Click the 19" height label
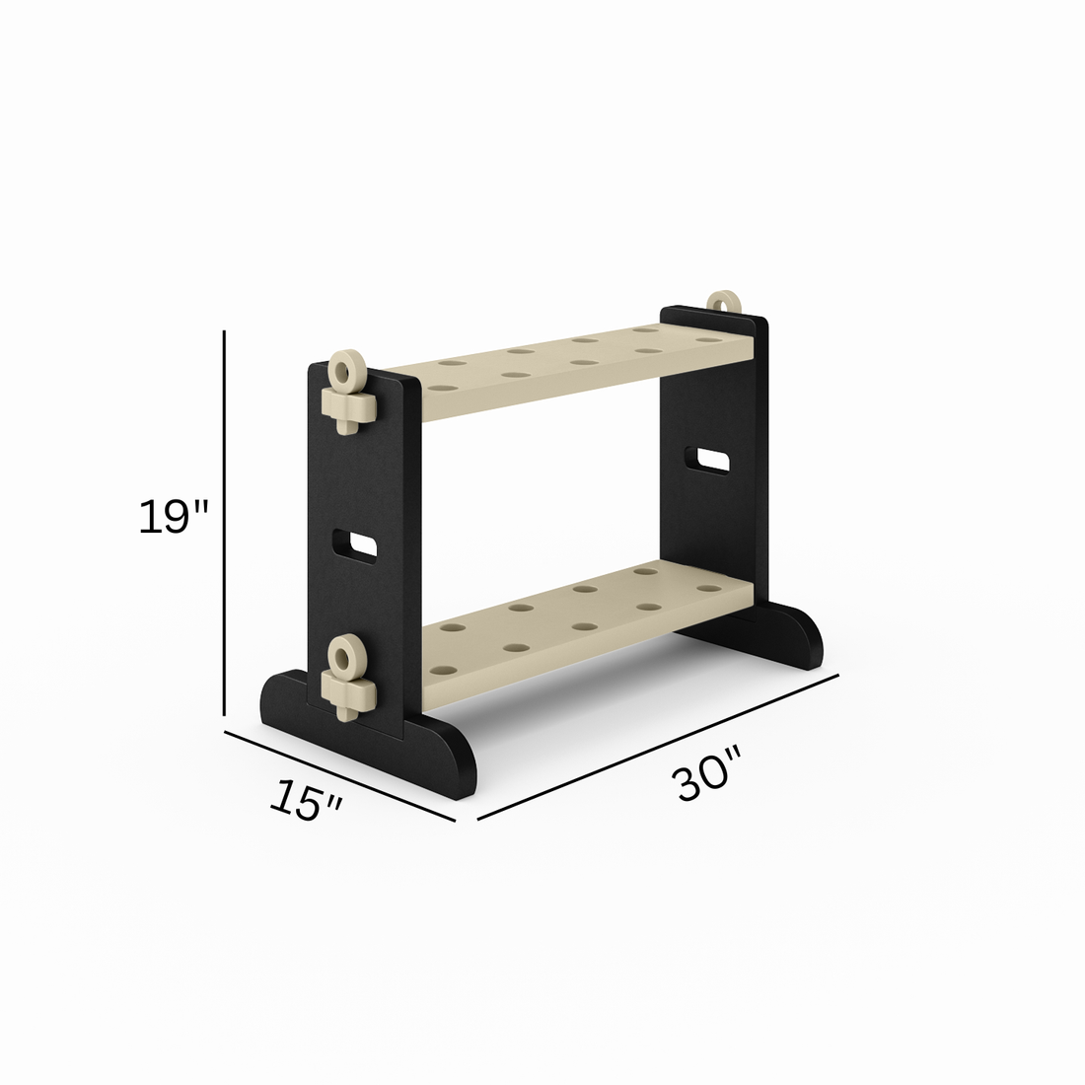coord(174,517)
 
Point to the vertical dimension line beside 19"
coord(225,523)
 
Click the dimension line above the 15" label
coord(339,775)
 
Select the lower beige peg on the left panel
coord(346,680)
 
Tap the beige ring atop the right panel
coord(724,302)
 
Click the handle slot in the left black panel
coord(354,544)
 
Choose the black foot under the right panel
coord(789,636)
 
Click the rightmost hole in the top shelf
coord(706,340)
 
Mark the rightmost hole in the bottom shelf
coord(706,589)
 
